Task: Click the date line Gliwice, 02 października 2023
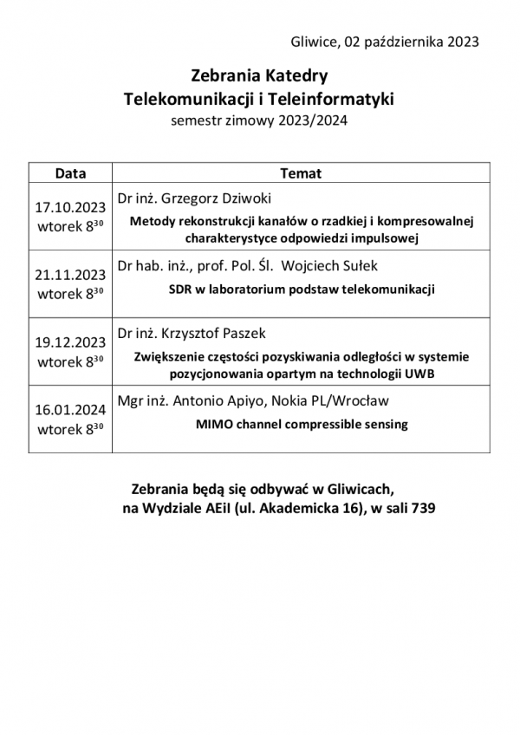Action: pyautogui.click(x=386, y=41)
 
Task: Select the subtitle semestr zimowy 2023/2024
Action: pyautogui.click(x=259, y=121)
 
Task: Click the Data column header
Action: pyautogui.click(x=70, y=172)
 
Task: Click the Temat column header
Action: pyautogui.click(x=301, y=172)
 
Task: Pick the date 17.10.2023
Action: pyautogui.click(x=70, y=209)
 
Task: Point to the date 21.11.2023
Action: pyautogui.click(x=70, y=276)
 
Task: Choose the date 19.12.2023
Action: pyautogui.click(x=70, y=341)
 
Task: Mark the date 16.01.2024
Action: pyautogui.click(x=70, y=408)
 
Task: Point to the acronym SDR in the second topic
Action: pyautogui.click(x=181, y=289)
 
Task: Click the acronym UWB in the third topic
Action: pyautogui.click(x=419, y=374)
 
